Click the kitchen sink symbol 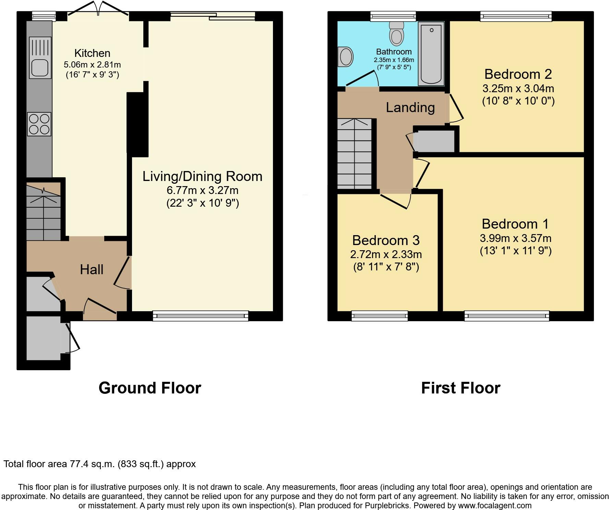(x=40, y=58)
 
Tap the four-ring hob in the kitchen (x=39, y=124)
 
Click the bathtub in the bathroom (x=431, y=53)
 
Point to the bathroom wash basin (x=345, y=57)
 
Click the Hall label (x=92, y=270)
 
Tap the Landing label (x=410, y=108)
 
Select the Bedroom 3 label (x=386, y=240)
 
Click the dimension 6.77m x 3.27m (x=202, y=190)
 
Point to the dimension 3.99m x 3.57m (x=515, y=238)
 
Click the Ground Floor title (x=150, y=388)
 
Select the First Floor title (x=461, y=388)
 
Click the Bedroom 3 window (x=380, y=315)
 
